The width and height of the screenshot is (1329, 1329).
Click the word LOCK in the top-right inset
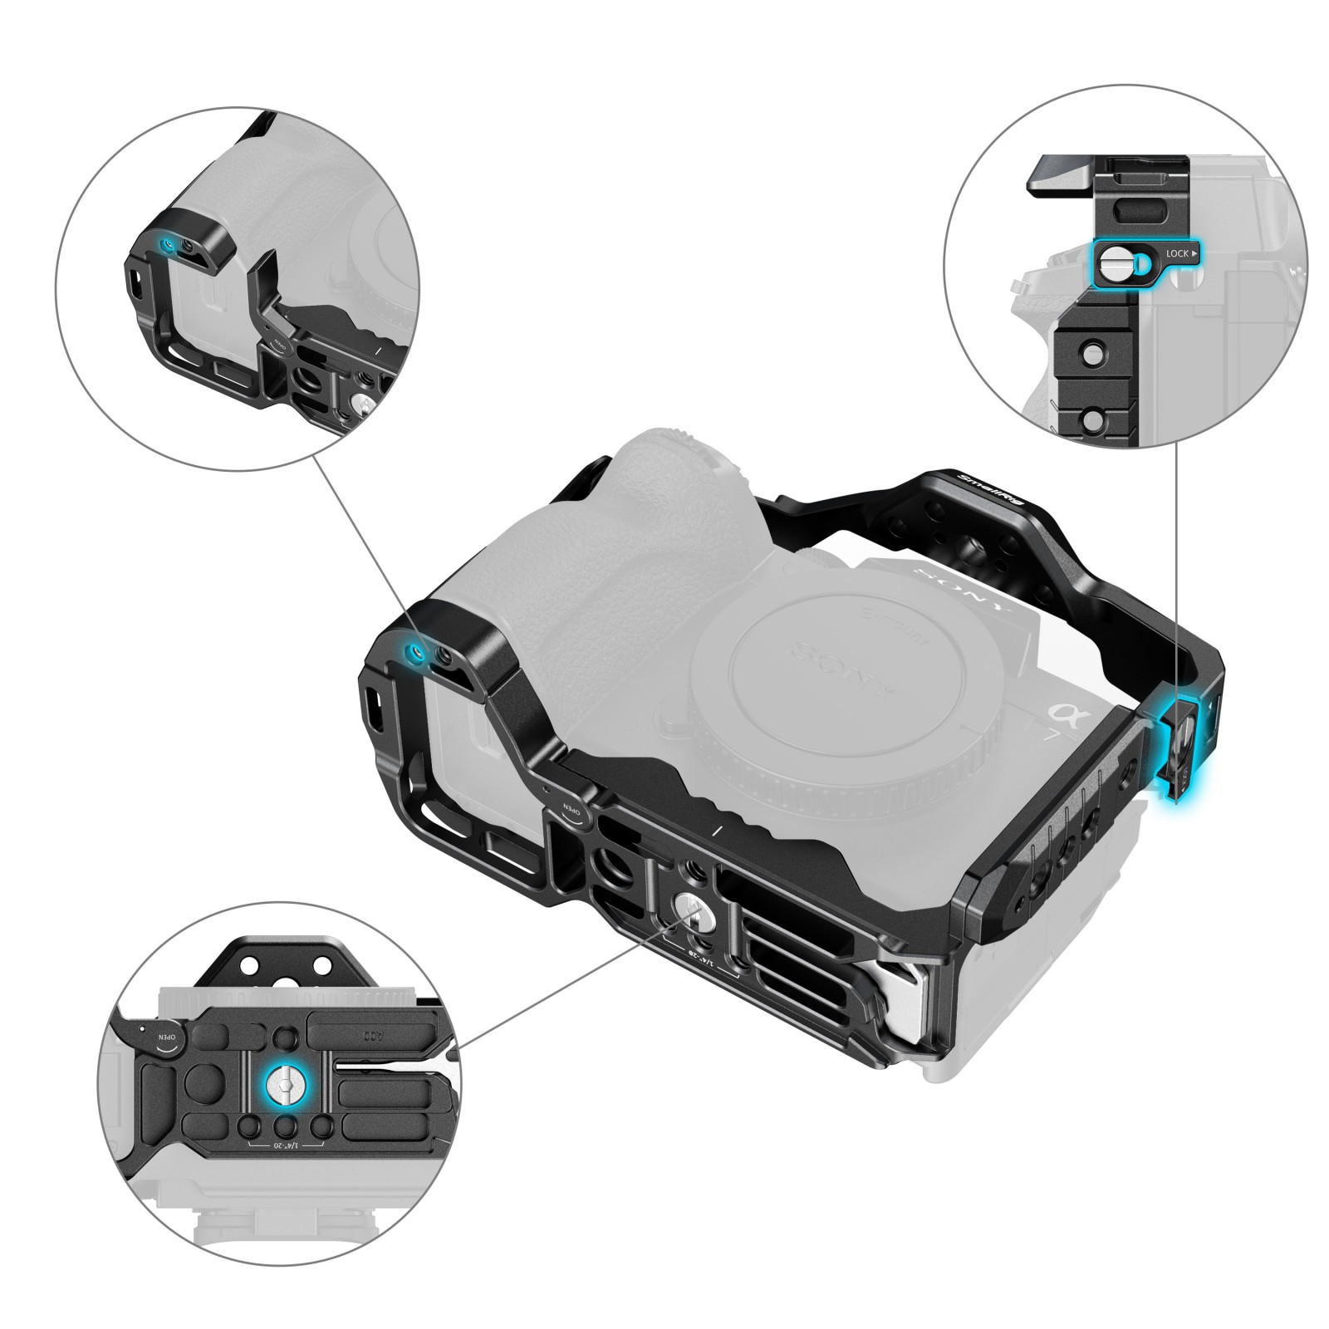(x=1177, y=253)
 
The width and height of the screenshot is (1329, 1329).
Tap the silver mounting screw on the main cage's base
(x=690, y=908)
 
